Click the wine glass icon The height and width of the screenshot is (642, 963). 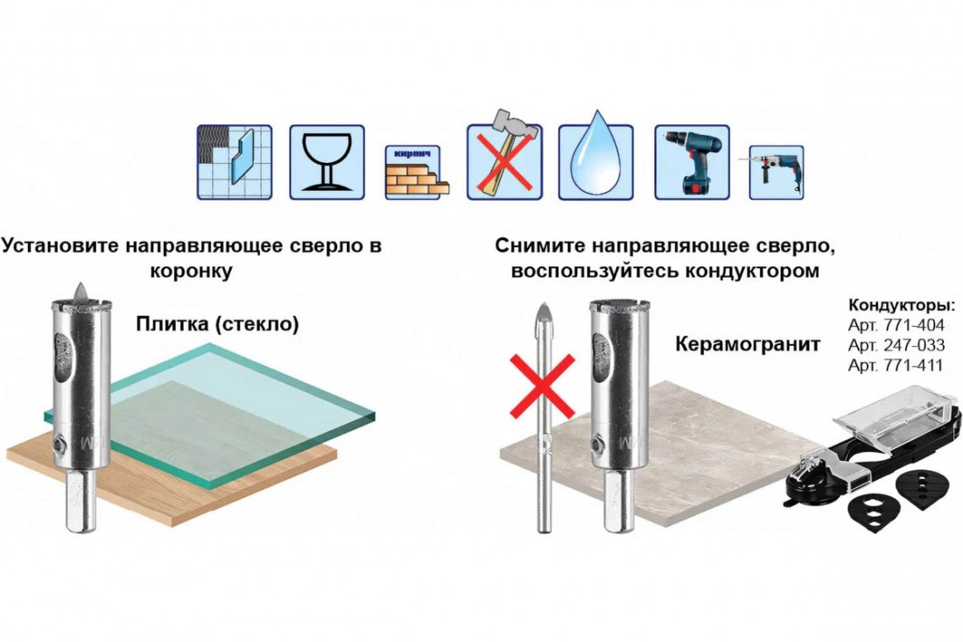tap(327, 162)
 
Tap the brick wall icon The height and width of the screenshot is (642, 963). tap(417, 173)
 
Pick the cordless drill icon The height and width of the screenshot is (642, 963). tap(692, 162)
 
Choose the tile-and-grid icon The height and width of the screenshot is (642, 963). tap(235, 162)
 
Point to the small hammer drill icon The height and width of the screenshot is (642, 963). tap(776, 172)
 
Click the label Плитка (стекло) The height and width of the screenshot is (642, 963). tap(217, 324)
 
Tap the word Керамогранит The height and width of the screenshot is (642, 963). tap(748, 344)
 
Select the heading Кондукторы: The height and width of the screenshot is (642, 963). tap(902, 306)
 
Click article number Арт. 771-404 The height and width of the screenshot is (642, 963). tap(896, 325)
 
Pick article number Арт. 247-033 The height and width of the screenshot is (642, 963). tap(896, 345)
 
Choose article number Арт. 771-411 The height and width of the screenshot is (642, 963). tap(895, 365)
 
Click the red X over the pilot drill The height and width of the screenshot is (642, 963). tap(543, 386)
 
